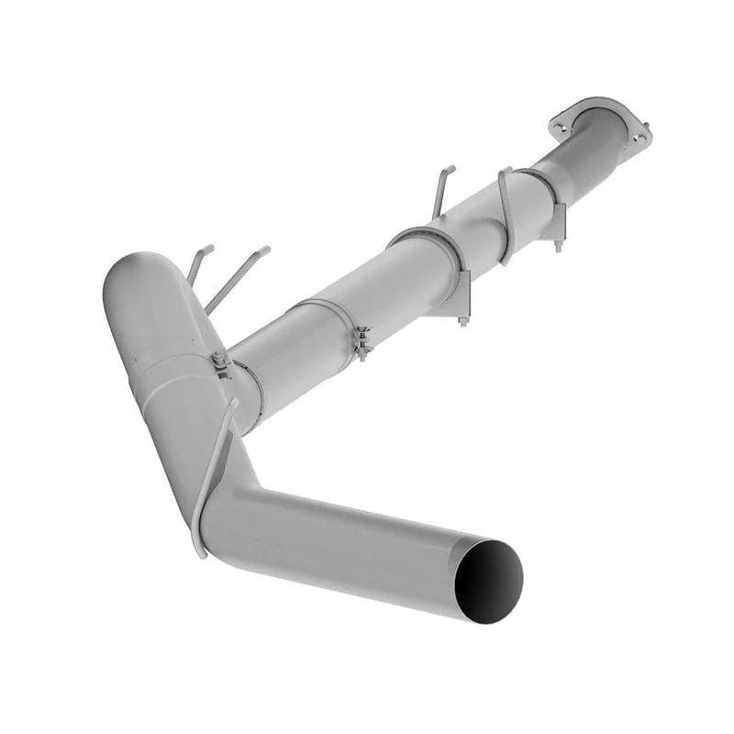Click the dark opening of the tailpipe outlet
click(488, 581)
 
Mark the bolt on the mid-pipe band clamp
click(363, 342)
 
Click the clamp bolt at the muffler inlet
click(220, 361)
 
